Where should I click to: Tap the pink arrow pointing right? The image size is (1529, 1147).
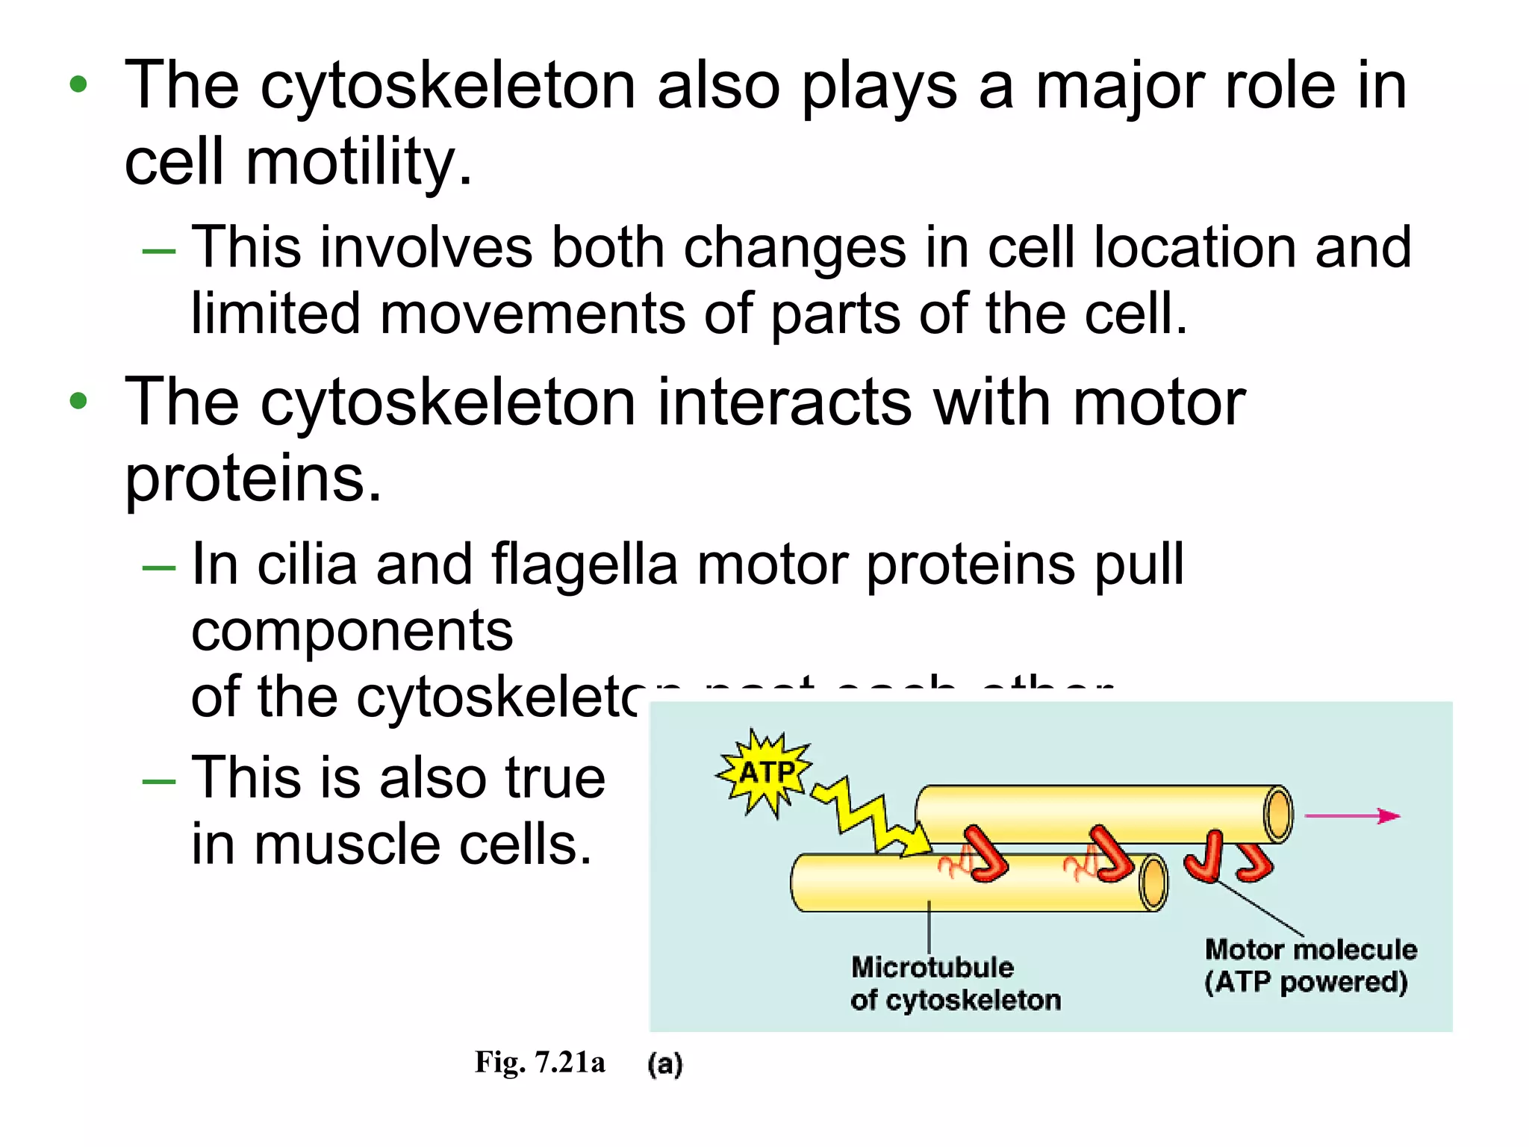[x=1352, y=816]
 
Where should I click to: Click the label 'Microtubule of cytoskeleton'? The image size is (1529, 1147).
[x=954, y=983]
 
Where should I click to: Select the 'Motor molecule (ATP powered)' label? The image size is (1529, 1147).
[x=1310, y=966]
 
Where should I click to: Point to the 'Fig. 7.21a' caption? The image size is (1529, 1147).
[x=539, y=1062]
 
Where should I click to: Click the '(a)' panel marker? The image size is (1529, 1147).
[x=664, y=1063]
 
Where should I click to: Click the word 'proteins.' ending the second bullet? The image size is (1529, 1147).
[x=253, y=479]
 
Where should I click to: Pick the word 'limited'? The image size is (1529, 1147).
[x=276, y=314]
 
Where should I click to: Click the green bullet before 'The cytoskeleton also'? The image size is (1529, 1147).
[x=78, y=85]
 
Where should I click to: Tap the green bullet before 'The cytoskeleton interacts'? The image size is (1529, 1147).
[x=78, y=402]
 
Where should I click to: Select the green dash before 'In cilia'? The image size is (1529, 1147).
[x=158, y=568]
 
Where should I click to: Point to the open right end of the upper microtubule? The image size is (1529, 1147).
[x=1278, y=814]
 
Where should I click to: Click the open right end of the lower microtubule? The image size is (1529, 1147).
[x=1153, y=883]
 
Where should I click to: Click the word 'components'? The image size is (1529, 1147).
[x=352, y=632]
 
